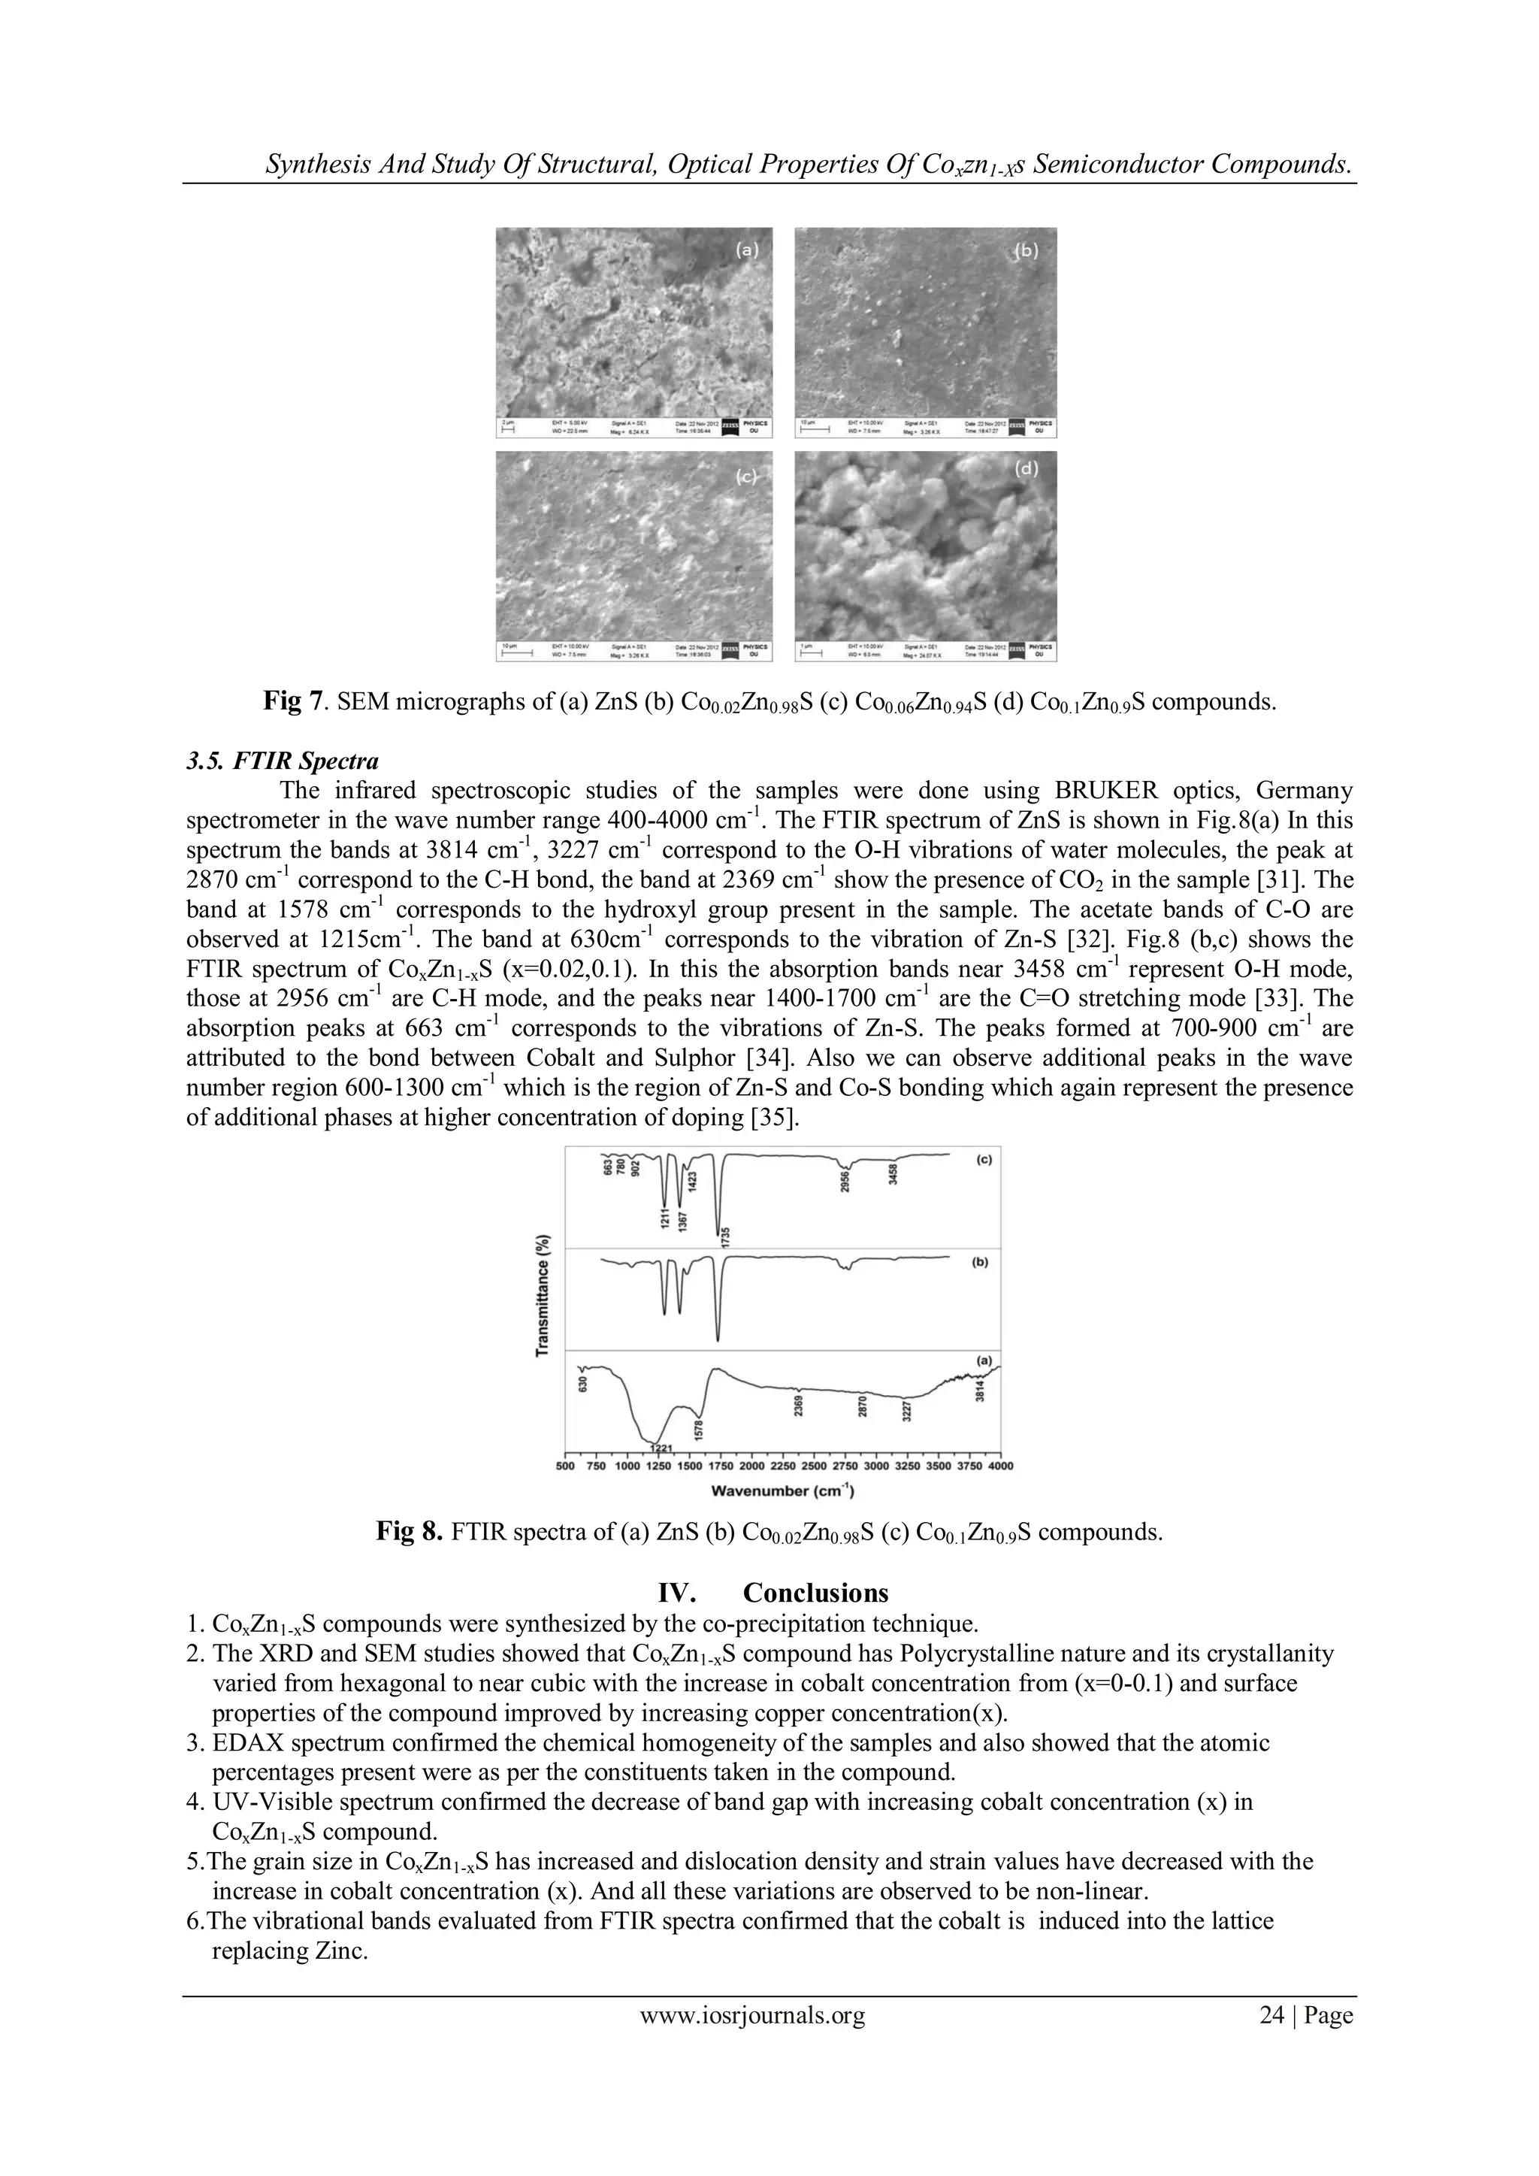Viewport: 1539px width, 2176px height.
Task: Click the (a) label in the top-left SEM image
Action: (x=748, y=250)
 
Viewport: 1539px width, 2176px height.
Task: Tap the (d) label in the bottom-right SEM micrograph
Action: (x=1027, y=468)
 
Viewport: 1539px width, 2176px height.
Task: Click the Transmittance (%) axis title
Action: (x=543, y=1294)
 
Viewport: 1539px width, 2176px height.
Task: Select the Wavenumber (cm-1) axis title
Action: (x=783, y=1493)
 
